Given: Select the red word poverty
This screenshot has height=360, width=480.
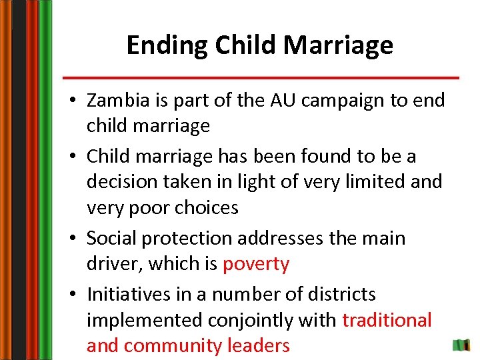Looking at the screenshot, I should click(x=256, y=265).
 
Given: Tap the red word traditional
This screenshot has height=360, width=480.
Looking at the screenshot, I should click(x=387, y=320).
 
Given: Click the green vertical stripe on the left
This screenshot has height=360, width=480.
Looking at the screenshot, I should click(x=45, y=180).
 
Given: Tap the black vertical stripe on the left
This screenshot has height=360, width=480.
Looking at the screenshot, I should click(x=18, y=180).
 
